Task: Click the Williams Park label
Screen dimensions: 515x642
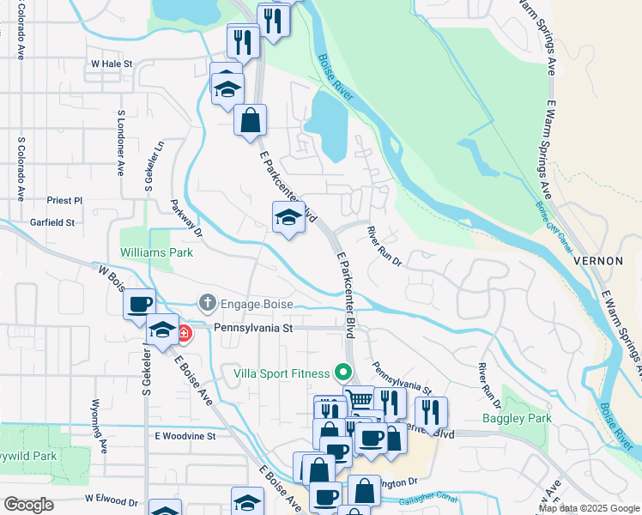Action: pyautogui.click(x=156, y=252)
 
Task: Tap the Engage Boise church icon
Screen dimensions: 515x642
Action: pyautogui.click(x=206, y=303)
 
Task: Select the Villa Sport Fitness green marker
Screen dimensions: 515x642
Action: pyautogui.click(x=343, y=373)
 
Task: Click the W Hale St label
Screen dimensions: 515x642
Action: pyautogui.click(x=112, y=64)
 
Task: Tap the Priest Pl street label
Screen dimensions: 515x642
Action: pyautogui.click(x=64, y=200)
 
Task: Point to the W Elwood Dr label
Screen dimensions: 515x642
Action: pyautogui.click(x=112, y=500)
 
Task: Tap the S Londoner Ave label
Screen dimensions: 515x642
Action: pyautogui.click(x=121, y=142)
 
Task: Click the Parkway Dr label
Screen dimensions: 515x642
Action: pyautogui.click(x=185, y=218)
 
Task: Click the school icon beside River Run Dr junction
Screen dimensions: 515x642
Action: pyautogui.click(x=289, y=217)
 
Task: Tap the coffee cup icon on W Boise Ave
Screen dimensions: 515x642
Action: pyautogui.click(x=139, y=303)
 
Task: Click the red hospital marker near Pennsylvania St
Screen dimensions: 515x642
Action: pyautogui.click(x=185, y=333)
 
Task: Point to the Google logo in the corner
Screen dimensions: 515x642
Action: pyautogui.click(x=28, y=505)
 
